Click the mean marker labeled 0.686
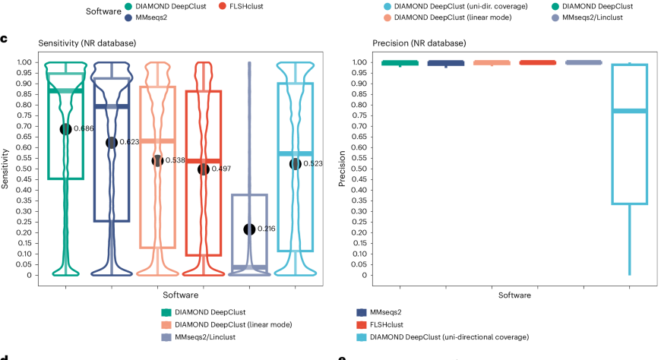coord(65,129)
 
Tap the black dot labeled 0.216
coord(249,229)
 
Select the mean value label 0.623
coord(128,142)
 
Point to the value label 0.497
coord(220,169)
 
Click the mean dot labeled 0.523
coord(295,164)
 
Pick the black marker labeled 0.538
coord(157,160)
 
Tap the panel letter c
coord(5,38)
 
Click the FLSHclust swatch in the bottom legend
coord(360,324)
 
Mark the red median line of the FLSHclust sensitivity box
coord(204,161)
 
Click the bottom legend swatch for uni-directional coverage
coord(360,336)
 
